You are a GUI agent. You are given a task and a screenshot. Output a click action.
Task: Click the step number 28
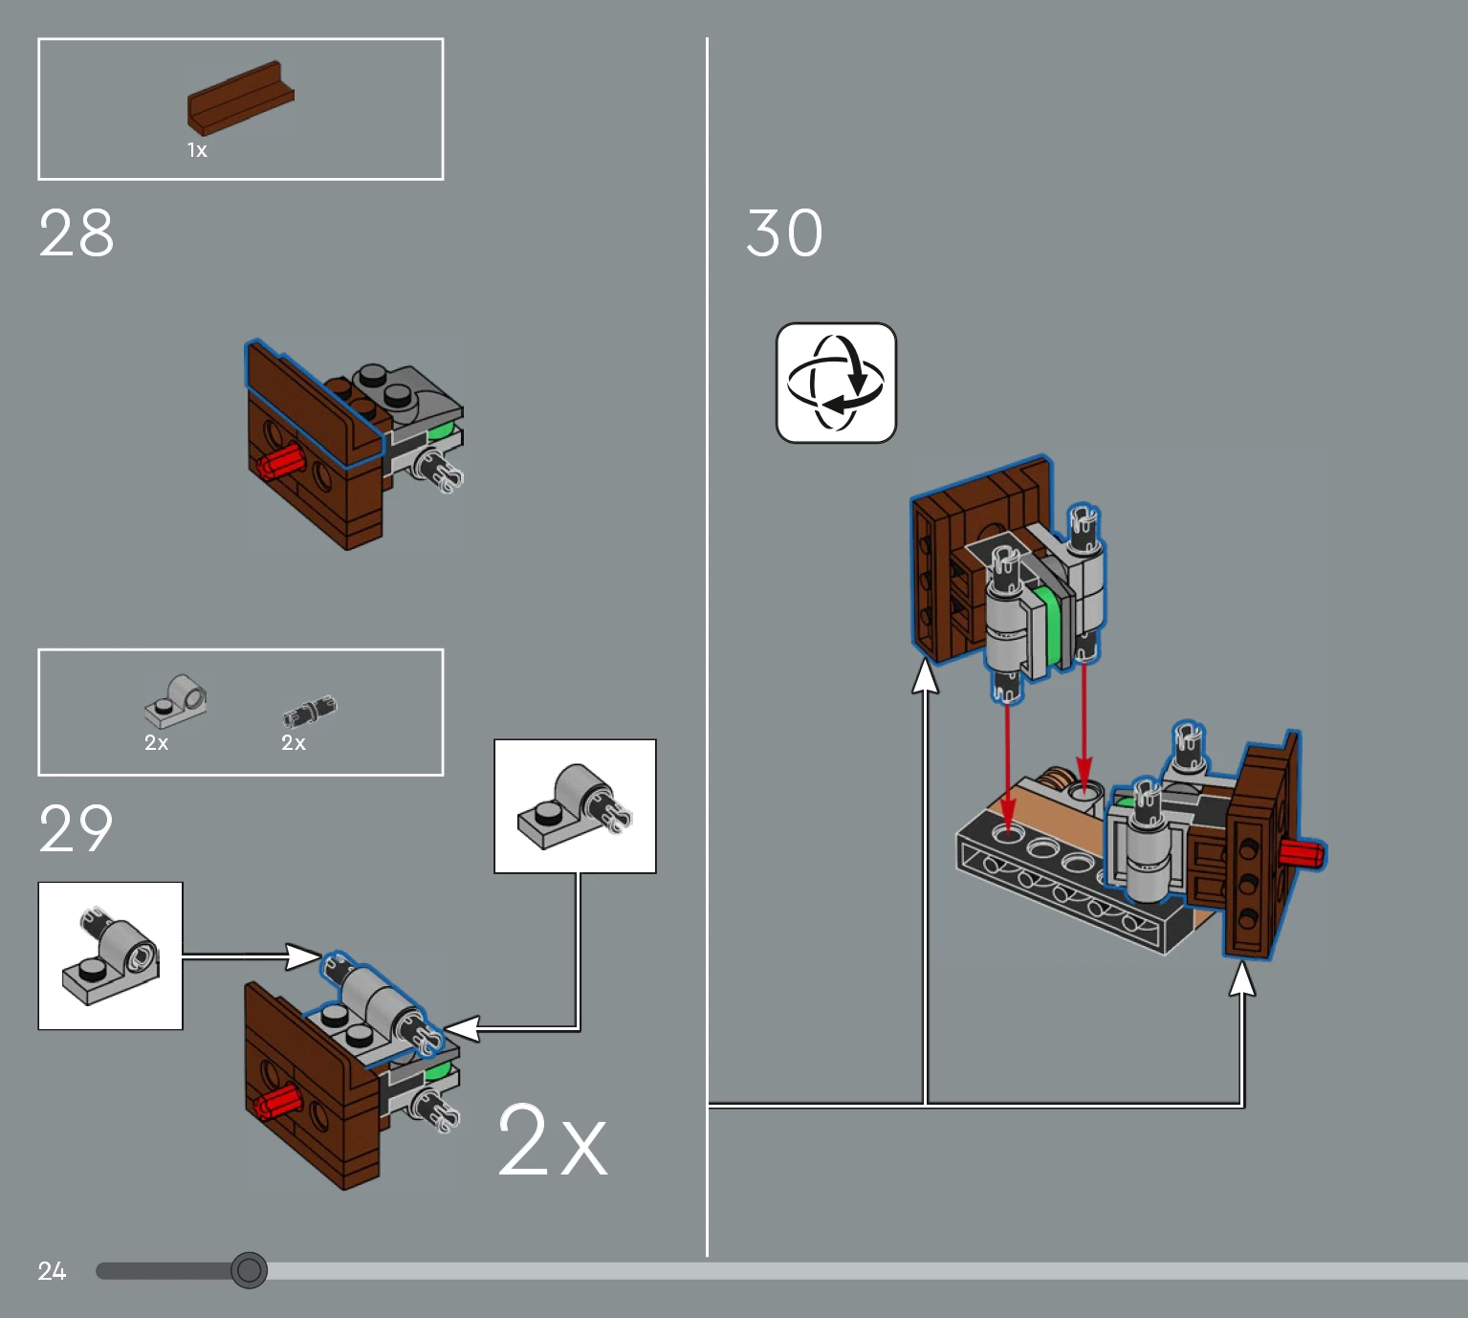point(77,232)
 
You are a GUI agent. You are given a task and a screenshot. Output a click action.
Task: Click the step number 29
point(77,828)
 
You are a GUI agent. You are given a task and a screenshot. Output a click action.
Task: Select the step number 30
point(785,232)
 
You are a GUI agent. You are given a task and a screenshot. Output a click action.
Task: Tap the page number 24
point(53,1271)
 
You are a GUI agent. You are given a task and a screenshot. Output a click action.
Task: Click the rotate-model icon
point(836,383)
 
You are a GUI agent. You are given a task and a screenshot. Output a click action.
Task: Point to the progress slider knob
point(250,1270)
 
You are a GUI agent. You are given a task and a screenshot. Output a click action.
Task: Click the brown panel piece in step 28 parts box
point(241,98)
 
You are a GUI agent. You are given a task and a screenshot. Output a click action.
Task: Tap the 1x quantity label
point(197,150)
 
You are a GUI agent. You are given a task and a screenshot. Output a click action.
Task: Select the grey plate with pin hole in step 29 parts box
point(175,701)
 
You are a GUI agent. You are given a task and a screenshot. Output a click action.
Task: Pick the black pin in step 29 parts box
point(310,711)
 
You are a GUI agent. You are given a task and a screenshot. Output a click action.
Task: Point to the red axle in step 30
point(1303,853)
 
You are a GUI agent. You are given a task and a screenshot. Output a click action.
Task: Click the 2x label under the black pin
point(294,742)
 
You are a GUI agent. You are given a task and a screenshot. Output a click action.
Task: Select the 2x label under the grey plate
point(157,742)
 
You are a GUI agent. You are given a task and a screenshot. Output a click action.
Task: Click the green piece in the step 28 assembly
point(441,433)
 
